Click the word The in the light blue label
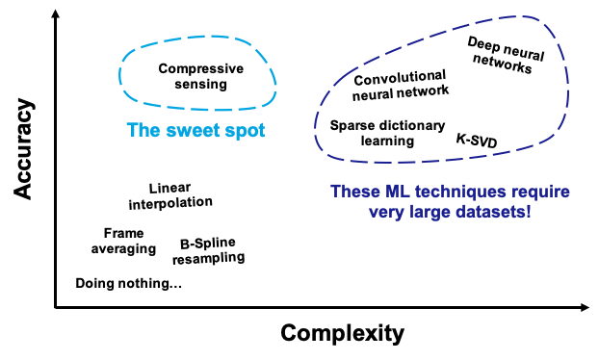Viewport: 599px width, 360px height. click(143, 130)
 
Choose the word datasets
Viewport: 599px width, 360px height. click(490, 212)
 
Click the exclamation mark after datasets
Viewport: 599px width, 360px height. click(528, 212)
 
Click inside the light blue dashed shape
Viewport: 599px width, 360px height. click(197, 72)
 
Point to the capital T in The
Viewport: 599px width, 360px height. click(132, 130)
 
